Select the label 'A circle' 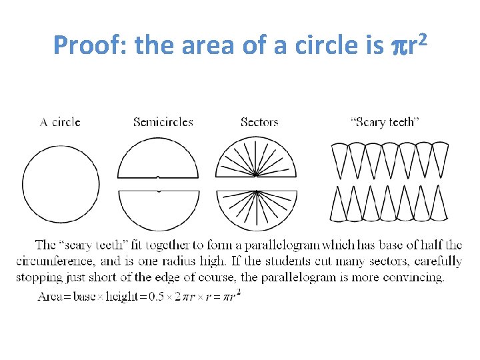(x=60, y=122)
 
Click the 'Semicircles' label (x=163, y=122)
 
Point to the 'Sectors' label (x=259, y=122)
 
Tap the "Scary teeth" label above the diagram (x=385, y=122)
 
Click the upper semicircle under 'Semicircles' (x=158, y=160)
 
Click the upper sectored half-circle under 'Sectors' (x=257, y=160)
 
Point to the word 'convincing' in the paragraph (x=414, y=277)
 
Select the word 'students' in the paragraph (x=305, y=261)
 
